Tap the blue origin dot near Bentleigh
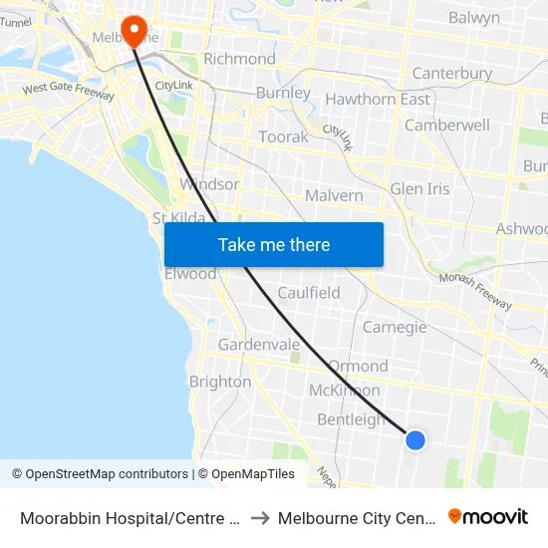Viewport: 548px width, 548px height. (415, 439)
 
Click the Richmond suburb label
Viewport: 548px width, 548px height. (239, 59)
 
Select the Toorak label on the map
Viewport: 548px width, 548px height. (284, 137)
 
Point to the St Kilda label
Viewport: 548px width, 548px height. (179, 218)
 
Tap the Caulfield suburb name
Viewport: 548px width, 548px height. (309, 293)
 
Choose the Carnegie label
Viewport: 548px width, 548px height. (395, 327)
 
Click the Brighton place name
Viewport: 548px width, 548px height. (220, 382)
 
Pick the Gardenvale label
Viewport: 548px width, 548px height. (259, 345)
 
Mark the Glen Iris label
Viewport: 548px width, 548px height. (419, 188)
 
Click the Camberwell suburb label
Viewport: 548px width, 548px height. (447, 126)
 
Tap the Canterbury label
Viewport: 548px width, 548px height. (452, 74)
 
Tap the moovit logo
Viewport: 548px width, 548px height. (488, 517)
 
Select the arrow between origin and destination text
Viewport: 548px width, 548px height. (259, 518)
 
